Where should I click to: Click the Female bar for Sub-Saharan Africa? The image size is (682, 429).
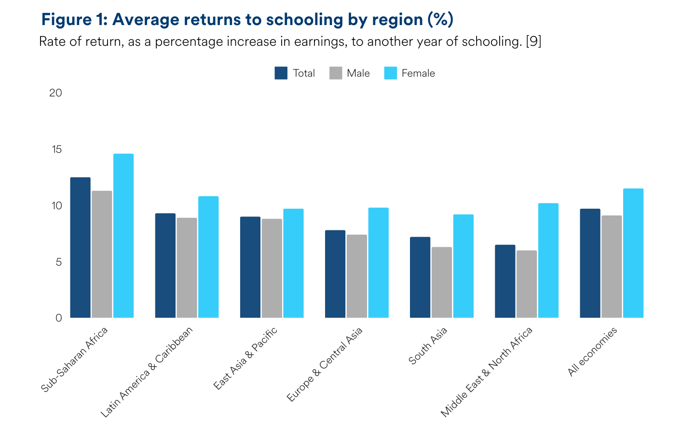(123, 236)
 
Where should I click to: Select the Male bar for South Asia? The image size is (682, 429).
(442, 282)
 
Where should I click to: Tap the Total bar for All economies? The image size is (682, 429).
(590, 263)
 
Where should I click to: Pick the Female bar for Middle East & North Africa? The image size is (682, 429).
(548, 260)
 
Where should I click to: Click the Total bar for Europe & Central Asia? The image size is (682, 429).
(335, 274)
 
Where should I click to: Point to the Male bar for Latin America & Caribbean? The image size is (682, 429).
(187, 268)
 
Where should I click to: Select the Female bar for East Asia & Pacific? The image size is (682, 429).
(293, 263)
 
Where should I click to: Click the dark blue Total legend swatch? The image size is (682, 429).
(281, 73)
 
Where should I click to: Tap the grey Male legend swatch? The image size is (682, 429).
(336, 73)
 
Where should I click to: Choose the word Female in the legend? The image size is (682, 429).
(418, 73)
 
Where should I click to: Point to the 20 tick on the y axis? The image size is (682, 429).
(56, 93)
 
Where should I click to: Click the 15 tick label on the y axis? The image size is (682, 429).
(57, 149)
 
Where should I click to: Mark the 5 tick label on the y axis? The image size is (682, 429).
(59, 262)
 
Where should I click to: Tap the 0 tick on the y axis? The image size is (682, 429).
(59, 318)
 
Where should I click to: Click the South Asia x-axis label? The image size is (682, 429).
(428, 346)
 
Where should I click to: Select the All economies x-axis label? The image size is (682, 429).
(592, 352)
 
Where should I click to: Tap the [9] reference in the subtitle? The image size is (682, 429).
(533, 41)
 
